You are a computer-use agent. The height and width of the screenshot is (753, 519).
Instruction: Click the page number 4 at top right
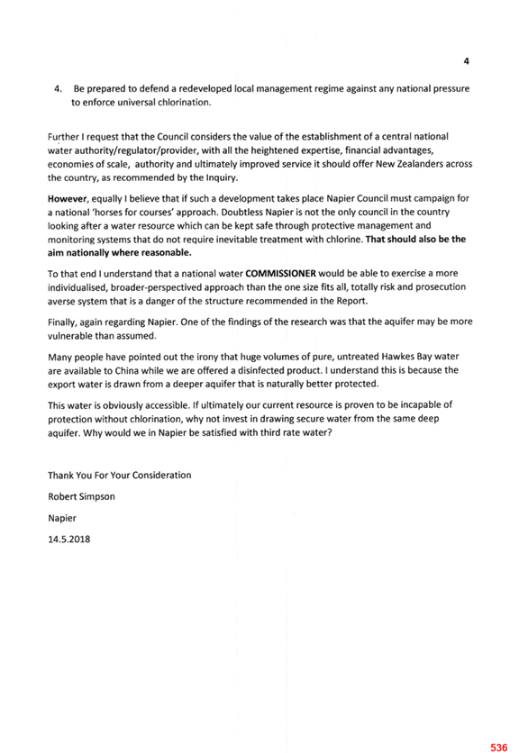click(466, 61)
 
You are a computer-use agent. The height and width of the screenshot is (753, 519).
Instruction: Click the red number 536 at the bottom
click(499, 748)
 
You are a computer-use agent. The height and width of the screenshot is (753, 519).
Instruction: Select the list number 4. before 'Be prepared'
click(59, 89)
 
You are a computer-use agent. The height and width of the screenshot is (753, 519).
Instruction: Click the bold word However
click(68, 198)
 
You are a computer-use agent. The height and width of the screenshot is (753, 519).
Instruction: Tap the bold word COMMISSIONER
click(280, 274)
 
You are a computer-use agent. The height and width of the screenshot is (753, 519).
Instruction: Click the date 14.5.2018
click(68, 540)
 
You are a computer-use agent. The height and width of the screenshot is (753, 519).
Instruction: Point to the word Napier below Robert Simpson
click(62, 519)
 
